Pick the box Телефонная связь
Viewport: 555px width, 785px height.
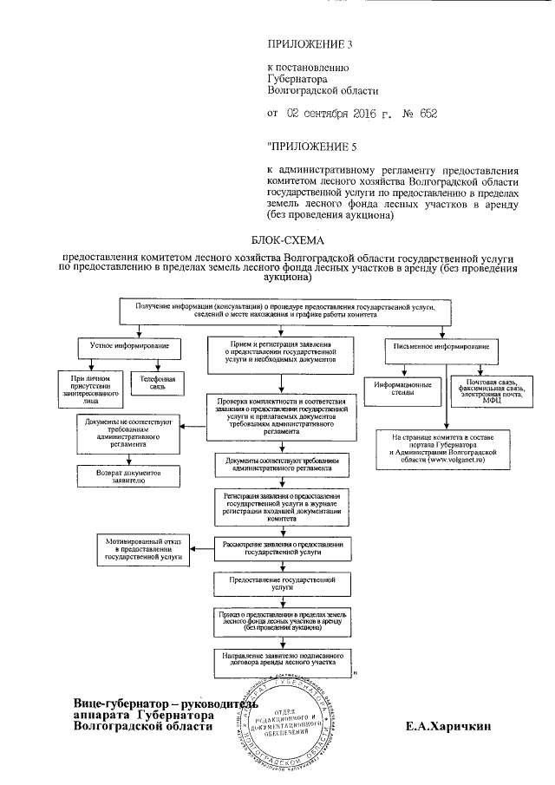[153, 383]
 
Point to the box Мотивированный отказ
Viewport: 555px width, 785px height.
[143, 548]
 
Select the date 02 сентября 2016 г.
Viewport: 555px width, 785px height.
[337, 113]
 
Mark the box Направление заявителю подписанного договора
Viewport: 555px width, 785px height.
[283, 662]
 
